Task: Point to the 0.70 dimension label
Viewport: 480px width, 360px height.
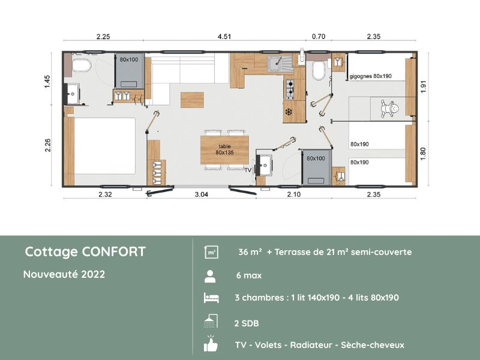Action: [x=318, y=36]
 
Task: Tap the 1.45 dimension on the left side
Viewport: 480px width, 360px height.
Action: [x=47, y=82]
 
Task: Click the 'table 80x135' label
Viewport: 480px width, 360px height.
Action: [x=224, y=149]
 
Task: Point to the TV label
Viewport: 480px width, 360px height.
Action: [x=248, y=170]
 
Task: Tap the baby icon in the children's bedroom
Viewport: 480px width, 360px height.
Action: [x=393, y=108]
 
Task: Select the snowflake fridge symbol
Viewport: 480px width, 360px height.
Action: [x=288, y=112]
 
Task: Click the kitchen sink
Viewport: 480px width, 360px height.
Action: [x=278, y=62]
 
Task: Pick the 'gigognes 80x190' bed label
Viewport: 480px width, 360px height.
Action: [x=374, y=77]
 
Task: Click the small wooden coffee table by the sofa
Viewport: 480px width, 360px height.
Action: [x=192, y=100]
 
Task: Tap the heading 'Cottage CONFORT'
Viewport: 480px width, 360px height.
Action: [x=85, y=251]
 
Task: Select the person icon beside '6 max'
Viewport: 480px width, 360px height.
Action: [x=210, y=276]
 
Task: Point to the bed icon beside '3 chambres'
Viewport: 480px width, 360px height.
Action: [x=211, y=298]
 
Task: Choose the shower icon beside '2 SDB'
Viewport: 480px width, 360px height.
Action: [x=211, y=322]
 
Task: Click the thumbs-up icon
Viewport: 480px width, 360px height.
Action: [x=211, y=344]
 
